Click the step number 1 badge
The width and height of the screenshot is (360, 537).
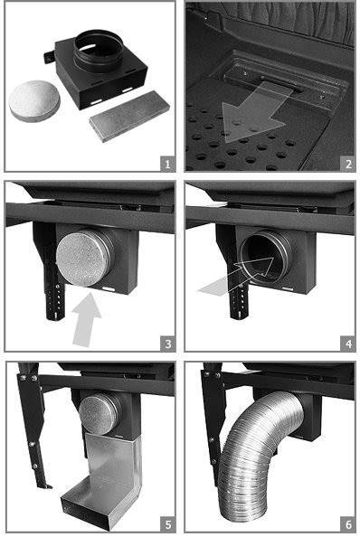pyautogui.click(x=167, y=164)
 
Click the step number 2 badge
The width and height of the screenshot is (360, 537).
pyautogui.click(x=348, y=164)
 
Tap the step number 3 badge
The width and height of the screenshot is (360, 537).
pyautogui.click(x=167, y=344)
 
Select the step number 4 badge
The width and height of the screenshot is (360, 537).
pyautogui.click(x=348, y=344)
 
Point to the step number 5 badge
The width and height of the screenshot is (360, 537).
pyautogui.click(x=167, y=524)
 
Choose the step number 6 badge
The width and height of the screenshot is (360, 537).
pyautogui.click(x=348, y=524)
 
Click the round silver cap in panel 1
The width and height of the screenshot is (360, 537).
pyautogui.click(x=34, y=100)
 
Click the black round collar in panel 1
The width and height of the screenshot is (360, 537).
pyautogui.click(x=99, y=50)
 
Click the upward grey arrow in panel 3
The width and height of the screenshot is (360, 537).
pyautogui.click(x=86, y=318)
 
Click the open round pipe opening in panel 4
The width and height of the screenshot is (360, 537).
pyautogui.click(x=262, y=255)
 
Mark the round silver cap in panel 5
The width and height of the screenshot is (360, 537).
pyautogui.click(x=98, y=413)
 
